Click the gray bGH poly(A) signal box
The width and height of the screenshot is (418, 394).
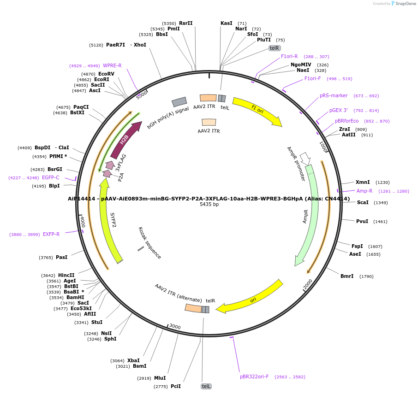point(179,102)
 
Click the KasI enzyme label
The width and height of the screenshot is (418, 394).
point(227,23)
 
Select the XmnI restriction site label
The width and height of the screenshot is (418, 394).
point(363,182)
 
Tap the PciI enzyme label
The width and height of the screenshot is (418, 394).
point(176,386)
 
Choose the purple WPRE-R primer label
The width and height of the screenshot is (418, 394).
point(112,65)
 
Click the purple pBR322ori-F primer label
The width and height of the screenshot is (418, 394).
point(254,376)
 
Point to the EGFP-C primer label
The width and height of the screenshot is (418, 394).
point(51,177)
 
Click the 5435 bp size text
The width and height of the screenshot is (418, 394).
point(209,204)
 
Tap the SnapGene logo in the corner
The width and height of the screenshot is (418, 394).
point(402,4)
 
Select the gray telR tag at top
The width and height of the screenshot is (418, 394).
point(275,48)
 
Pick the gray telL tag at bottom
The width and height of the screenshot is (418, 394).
point(206,386)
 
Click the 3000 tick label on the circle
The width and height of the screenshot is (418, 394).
point(175,326)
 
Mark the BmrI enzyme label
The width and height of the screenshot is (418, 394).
point(347,276)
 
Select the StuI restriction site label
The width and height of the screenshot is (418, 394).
point(97,322)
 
